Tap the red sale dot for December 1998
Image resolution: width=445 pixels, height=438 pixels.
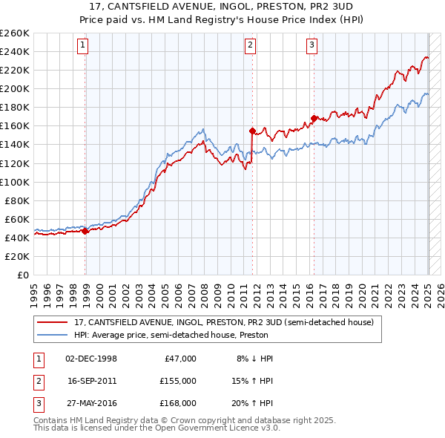[x=85, y=231]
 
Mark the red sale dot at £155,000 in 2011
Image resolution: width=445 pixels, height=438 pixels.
[x=253, y=131]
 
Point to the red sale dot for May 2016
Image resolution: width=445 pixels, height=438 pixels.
[x=314, y=118]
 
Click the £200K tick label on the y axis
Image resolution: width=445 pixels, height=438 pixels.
[x=15, y=88]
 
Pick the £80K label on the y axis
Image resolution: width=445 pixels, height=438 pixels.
[x=17, y=200]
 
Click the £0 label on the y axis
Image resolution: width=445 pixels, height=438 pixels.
[x=23, y=275]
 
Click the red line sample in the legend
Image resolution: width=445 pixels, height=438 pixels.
[x=52, y=322]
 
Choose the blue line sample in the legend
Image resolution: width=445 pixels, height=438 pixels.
[x=52, y=335]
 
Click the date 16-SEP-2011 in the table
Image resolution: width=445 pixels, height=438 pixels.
[x=91, y=380]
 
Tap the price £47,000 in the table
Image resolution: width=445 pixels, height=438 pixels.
[x=179, y=358]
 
